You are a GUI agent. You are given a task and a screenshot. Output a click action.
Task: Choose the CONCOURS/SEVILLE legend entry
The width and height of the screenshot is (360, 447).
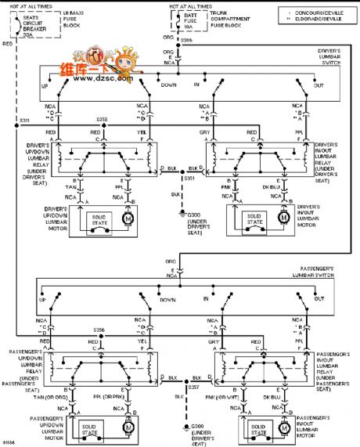[318, 12]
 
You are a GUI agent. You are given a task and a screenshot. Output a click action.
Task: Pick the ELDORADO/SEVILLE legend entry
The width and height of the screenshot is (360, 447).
[318, 20]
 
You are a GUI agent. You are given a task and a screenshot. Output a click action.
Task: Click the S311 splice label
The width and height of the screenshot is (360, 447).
[25, 121]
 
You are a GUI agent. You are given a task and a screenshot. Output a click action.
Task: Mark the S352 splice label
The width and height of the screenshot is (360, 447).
[102, 120]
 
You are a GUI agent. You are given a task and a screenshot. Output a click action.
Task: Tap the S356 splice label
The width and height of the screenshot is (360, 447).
[99, 330]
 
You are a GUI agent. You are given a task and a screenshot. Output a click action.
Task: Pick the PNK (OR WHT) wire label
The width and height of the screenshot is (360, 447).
[227, 397]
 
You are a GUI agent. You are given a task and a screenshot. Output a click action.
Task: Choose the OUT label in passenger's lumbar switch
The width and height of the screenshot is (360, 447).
[319, 299]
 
